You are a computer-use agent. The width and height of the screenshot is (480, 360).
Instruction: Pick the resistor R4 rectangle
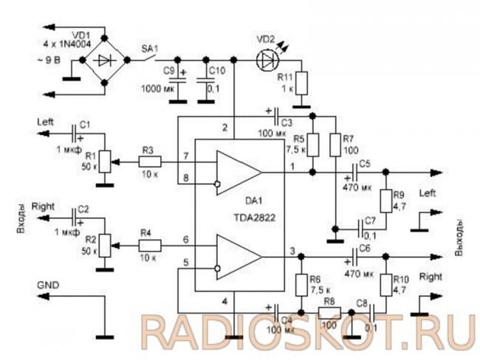tap(148, 243)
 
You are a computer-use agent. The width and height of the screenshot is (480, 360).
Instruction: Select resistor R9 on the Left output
tap(385, 201)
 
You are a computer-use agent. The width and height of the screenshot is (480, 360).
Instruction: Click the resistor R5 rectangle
tap(312, 143)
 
